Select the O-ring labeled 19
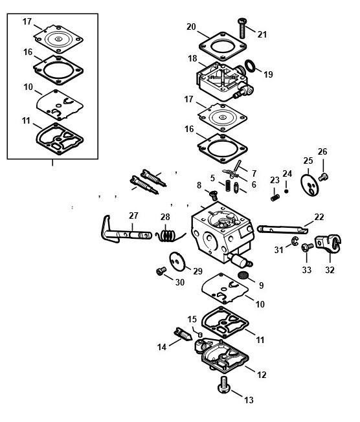tap(251, 67)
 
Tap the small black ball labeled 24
tap(286, 191)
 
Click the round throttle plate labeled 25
tap(309, 185)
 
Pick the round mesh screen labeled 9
tap(243, 275)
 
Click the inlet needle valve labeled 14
tap(183, 335)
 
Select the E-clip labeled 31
tap(295, 241)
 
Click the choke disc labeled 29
tap(177, 261)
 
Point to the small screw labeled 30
tap(161, 271)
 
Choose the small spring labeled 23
tap(275, 198)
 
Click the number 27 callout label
tap(133, 216)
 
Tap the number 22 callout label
tap(319, 217)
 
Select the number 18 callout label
tap(192, 58)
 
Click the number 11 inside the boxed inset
tap(26, 120)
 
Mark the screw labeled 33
tap(307, 247)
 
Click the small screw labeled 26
tap(323, 177)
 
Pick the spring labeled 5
tap(228, 186)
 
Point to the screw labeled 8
tap(214, 195)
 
